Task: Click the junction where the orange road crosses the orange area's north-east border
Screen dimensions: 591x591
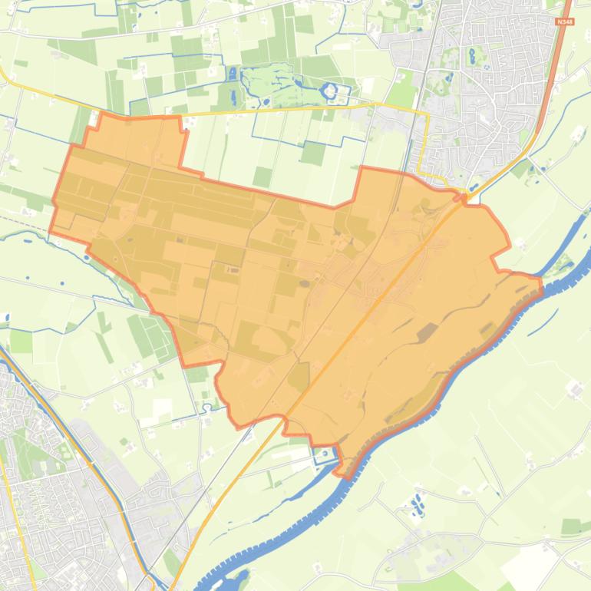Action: point(463,198)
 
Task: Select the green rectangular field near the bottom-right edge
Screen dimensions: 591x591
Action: point(573,527)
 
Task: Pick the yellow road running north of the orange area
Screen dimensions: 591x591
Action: point(269,112)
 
